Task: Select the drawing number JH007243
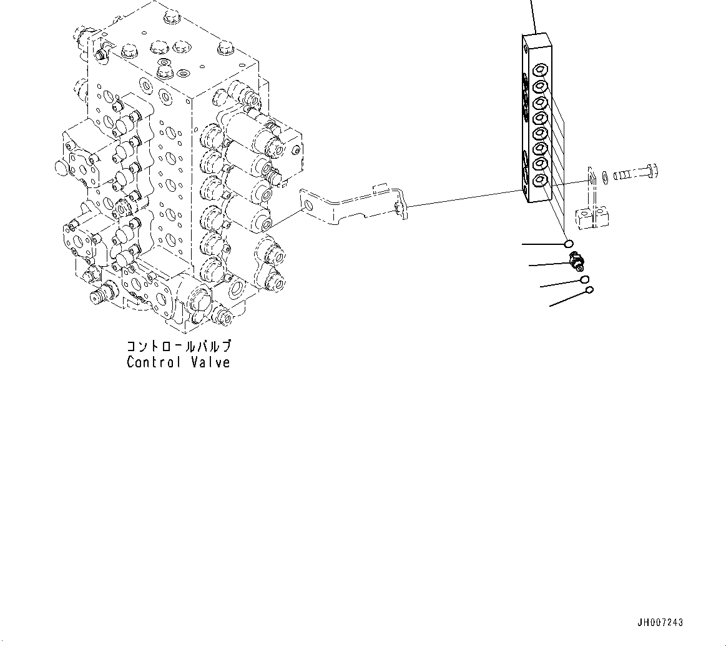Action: click(x=660, y=623)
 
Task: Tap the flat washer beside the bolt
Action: click(x=604, y=178)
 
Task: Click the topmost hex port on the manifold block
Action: click(x=541, y=69)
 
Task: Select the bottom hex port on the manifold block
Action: click(x=541, y=181)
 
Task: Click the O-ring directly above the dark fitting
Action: click(x=568, y=244)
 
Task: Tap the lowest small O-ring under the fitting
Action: click(x=590, y=290)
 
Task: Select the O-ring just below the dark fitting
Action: click(x=584, y=279)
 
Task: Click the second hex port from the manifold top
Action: click(x=541, y=85)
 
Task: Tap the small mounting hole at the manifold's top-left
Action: click(x=527, y=47)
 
